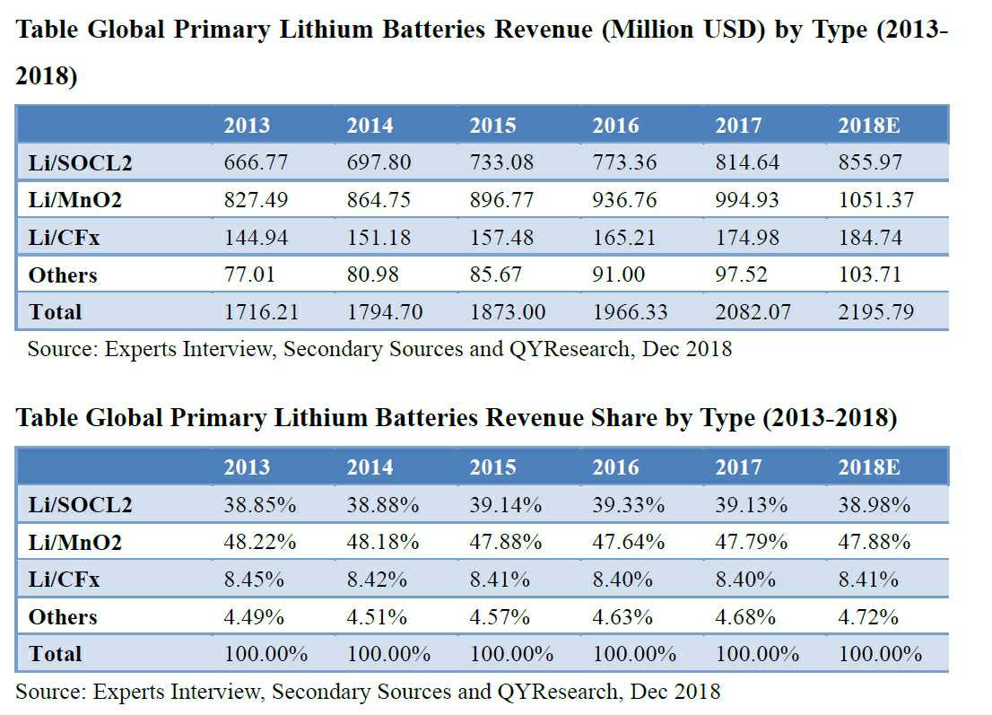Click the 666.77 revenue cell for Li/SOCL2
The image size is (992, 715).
pyautogui.click(x=256, y=163)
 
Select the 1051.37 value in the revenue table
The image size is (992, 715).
pyautogui.click(x=876, y=201)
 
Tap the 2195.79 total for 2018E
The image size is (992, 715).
pyautogui.click(x=876, y=313)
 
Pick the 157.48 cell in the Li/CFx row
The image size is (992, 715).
pyautogui.click(x=500, y=239)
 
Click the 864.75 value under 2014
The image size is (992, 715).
pyautogui.click(x=378, y=201)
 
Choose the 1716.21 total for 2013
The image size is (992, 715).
pyautogui.click(x=261, y=313)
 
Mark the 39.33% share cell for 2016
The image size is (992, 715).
pyautogui.click(x=628, y=506)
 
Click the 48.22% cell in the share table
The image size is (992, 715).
pyautogui.click(x=259, y=543)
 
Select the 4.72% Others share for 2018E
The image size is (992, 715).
pyautogui.click(x=868, y=617)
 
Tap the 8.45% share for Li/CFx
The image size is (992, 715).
pyautogui.click(x=254, y=580)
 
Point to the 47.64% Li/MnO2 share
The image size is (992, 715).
pyautogui.click(x=628, y=543)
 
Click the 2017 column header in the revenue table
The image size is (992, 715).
pyautogui.click(x=738, y=126)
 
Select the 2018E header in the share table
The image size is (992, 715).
pyautogui.click(x=869, y=467)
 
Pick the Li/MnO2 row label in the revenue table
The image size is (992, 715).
pyautogui.click(x=74, y=201)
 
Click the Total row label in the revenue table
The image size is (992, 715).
pyautogui.click(x=55, y=313)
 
